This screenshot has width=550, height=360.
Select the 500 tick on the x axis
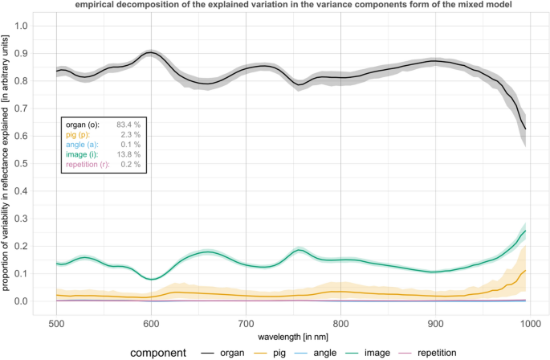pos(56,323)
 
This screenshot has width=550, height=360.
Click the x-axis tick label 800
pos(340,323)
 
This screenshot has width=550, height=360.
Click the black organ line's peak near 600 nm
pos(150,52)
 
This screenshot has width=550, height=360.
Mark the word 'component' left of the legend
pos(161,352)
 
